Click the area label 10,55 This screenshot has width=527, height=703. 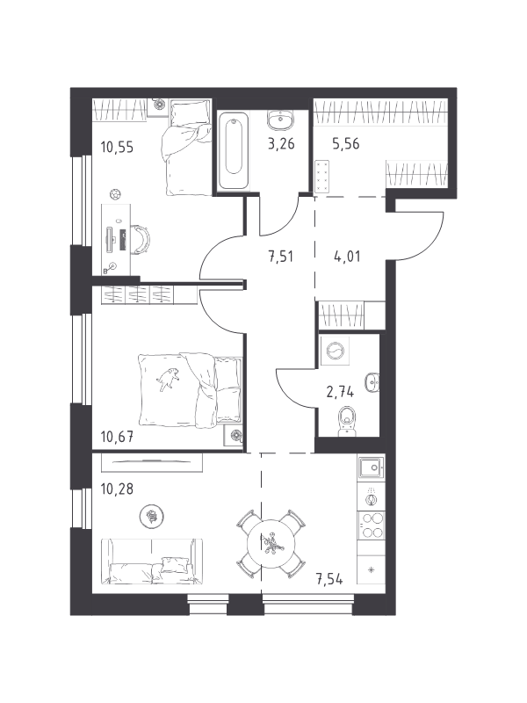[117, 147]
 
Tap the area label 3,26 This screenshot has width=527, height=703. [281, 144]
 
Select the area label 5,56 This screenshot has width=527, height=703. [345, 144]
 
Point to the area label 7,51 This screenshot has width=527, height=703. [281, 257]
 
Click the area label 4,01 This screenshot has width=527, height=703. [347, 257]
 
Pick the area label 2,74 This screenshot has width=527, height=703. [340, 392]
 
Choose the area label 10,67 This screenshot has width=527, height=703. [117, 436]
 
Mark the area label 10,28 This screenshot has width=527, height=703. [117, 489]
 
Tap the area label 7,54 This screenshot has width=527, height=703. [330, 579]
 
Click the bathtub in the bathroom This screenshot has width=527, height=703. [234, 149]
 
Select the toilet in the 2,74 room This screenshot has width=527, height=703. [346, 422]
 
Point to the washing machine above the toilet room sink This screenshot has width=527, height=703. [336, 351]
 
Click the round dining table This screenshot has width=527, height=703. [271, 543]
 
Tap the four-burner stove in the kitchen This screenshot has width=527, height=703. [372, 525]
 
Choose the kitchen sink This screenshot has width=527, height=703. [371, 468]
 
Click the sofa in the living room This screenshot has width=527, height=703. [152, 562]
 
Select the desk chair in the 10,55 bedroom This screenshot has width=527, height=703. [141, 239]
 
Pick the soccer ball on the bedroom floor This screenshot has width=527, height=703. [116, 194]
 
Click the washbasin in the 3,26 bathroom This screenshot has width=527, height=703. [280, 120]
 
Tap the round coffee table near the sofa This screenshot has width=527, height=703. [151, 517]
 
